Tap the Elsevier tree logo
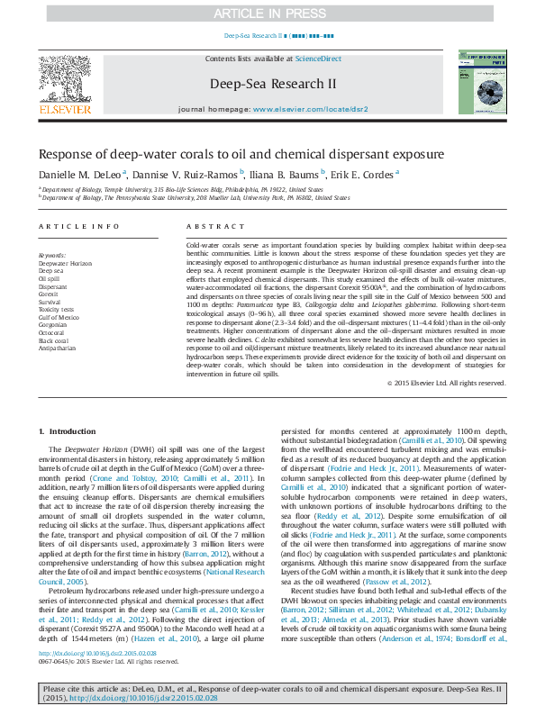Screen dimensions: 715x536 (x=64, y=80)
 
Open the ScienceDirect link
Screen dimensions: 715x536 (x=320, y=59)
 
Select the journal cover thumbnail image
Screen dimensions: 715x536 (x=477, y=82)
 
